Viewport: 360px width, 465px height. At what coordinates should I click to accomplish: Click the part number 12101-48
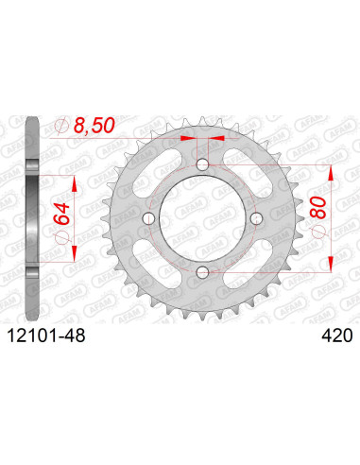click(46, 336)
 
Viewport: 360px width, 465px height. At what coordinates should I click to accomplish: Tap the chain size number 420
click(336, 336)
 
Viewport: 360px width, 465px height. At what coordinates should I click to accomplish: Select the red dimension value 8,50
click(94, 126)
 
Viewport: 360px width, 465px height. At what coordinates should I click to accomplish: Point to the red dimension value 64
click(61, 214)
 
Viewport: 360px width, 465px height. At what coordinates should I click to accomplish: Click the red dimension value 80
click(317, 208)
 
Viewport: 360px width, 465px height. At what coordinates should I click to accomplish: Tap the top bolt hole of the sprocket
click(202, 164)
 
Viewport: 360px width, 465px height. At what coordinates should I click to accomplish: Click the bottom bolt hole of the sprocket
click(202, 272)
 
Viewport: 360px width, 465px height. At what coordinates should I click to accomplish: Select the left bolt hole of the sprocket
click(148, 218)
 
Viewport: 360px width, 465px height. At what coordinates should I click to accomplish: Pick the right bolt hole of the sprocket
click(257, 218)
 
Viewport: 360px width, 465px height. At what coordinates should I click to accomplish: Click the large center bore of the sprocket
click(202, 218)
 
